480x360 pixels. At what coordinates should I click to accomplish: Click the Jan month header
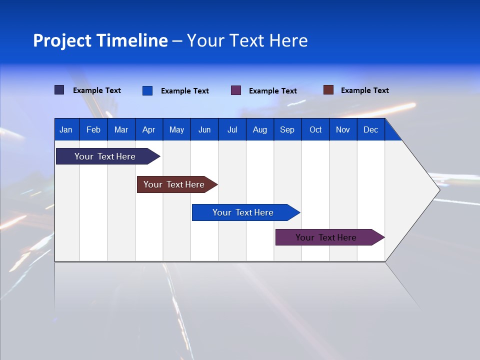coord(66,129)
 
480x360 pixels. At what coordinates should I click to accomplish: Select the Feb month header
coord(93,129)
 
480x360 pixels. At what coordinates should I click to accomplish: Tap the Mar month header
coord(121,129)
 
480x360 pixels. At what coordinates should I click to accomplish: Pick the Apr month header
coord(149,129)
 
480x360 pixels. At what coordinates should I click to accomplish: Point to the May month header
coord(176,129)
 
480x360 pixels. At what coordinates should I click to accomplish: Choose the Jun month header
coord(204,129)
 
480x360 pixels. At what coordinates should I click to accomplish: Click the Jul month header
coord(232,129)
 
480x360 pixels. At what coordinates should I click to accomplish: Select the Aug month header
coord(260,129)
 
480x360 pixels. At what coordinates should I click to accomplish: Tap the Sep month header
coord(287,129)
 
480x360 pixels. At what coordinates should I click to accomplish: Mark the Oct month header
coord(315,129)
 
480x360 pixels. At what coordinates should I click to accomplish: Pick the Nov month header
coord(343,129)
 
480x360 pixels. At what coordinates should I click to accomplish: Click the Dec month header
coord(371,129)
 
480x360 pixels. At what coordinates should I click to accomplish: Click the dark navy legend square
coord(59,90)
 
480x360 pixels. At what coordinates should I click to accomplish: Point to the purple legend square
coord(236,90)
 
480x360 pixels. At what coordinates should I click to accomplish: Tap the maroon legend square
coord(328,90)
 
